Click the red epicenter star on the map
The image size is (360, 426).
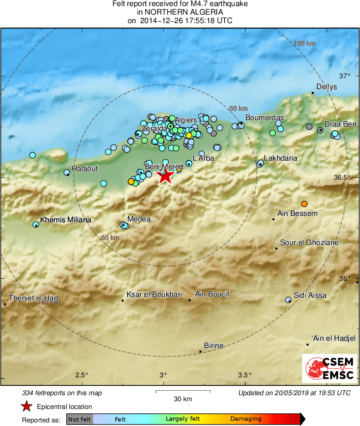coord(165,176)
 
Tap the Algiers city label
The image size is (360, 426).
coord(186,120)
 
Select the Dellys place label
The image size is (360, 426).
coord(326,87)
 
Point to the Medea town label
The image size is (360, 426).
coord(139,219)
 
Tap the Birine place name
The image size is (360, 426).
coord(214,346)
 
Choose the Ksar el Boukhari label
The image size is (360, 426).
coord(154,295)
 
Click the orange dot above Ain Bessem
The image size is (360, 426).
coord(304,204)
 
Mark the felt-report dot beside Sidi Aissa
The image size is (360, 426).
coord(288,300)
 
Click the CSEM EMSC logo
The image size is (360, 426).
coord(330,368)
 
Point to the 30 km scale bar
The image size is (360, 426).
coord(183,392)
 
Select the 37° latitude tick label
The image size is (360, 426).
coord(345,76)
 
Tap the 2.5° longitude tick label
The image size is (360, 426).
coord(82,374)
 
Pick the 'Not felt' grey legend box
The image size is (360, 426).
coord(79,419)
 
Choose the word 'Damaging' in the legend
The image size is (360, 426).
coord(246,419)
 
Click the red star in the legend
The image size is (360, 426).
coord(27,406)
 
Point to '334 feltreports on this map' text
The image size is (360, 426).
coord(62,393)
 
